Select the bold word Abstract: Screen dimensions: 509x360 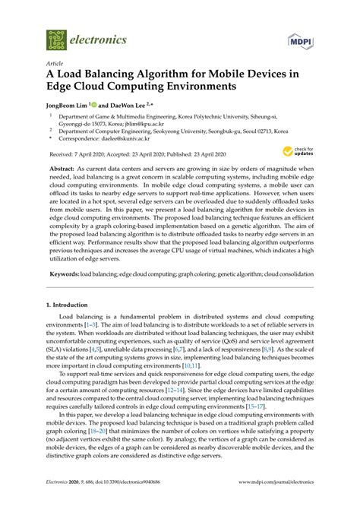62,166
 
